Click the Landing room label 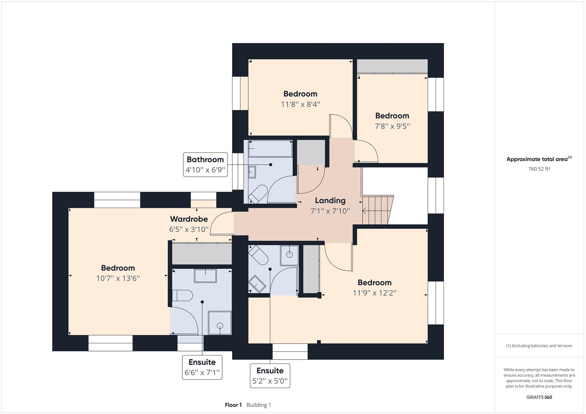tap(330, 200)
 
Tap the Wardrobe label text tap(189, 219)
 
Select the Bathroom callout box tap(205, 165)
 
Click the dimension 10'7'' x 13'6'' tap(118, 278)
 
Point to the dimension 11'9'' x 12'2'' tap(375, 293)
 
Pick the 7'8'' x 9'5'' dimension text tap(392, 126)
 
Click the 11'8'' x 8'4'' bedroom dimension tap(300, 104)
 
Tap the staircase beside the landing tap(378, 210)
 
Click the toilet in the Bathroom tap(258, 194)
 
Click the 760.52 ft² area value tap(539, 169)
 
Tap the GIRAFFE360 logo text tap(539, 397)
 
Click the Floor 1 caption tap(233, 405)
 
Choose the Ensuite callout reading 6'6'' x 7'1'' tap(202, 367)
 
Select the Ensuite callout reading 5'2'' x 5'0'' tap(270, 376)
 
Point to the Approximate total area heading tap(539, 159)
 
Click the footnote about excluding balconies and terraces tap(539, 345)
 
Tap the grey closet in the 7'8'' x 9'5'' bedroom tap(393, 66)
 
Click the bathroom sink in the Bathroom tap(252, 172)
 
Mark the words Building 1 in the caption tap(259, 405)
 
